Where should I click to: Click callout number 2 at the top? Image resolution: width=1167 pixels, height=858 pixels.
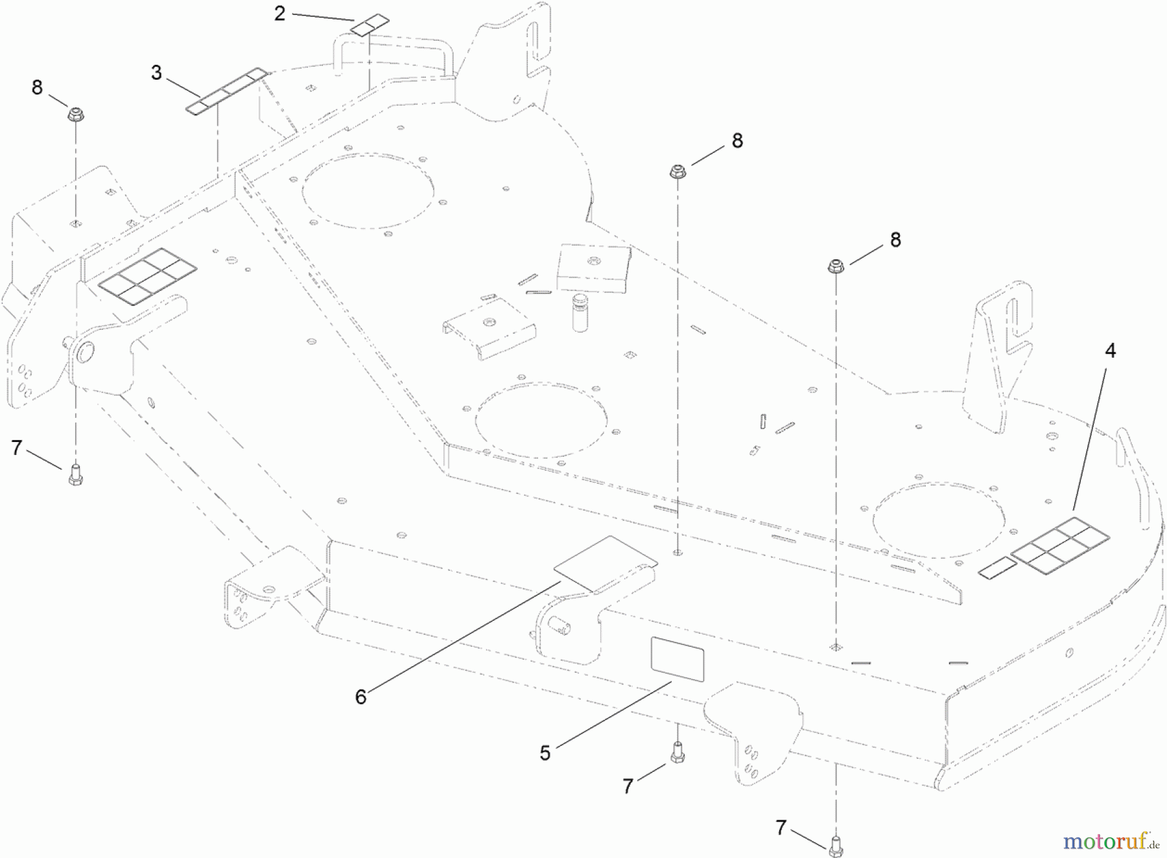(279, 13)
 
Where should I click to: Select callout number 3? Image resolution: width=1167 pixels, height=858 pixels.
(156, 73)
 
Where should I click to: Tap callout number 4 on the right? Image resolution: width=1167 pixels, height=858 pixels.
(1110, 351)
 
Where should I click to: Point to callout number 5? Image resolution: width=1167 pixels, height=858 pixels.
(545, 752)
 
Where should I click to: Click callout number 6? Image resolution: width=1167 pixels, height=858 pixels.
(361, 697)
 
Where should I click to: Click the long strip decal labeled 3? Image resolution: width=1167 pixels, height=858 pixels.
(226, 91)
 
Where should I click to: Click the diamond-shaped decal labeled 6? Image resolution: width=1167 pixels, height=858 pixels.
(604, 563)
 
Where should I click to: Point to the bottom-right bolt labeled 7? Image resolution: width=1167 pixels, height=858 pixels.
(835, 845)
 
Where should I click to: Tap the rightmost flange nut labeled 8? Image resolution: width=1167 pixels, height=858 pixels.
(835, 267)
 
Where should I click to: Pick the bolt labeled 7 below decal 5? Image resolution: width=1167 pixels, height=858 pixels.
(678, 752)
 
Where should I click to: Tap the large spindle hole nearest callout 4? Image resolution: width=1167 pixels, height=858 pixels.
(939, 520)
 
